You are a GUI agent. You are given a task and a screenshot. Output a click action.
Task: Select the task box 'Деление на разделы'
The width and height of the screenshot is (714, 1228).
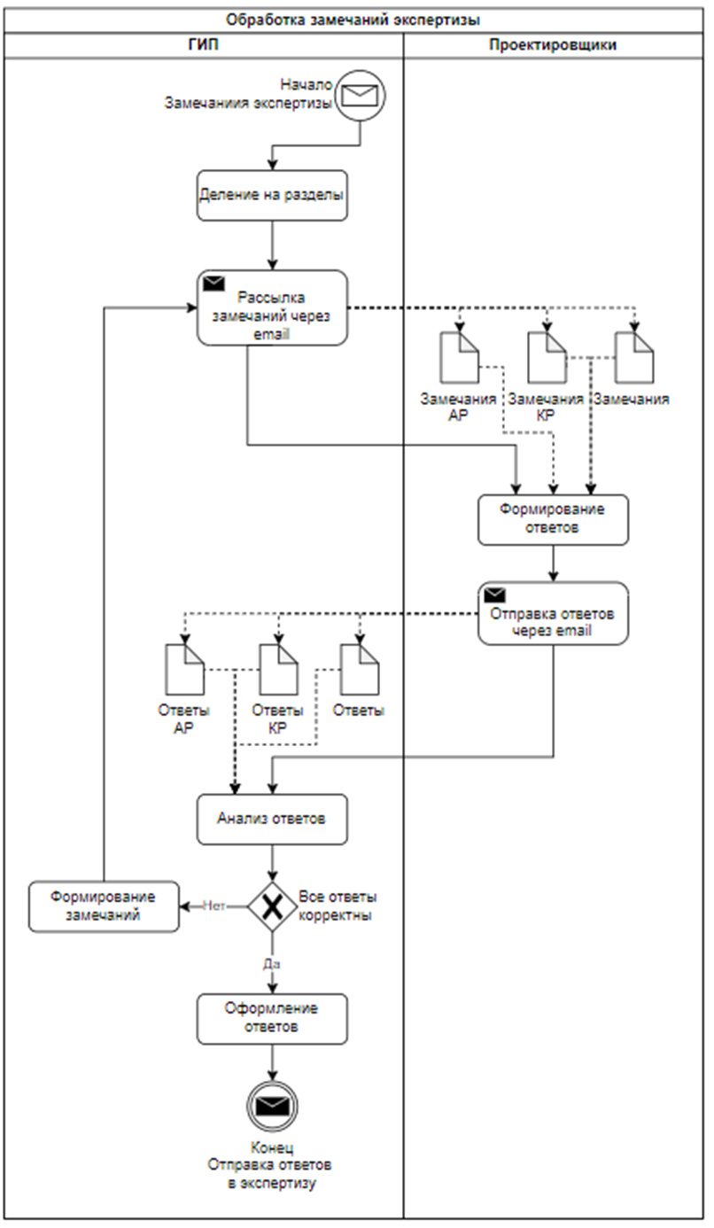[272, 195]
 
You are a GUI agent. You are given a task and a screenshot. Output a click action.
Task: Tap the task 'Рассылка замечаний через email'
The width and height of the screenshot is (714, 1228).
[272, 307]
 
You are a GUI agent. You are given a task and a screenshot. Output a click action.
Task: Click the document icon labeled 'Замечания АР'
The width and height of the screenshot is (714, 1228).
[459, 357]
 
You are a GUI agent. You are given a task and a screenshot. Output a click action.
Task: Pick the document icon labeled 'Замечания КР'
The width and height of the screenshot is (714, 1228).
[547, 357]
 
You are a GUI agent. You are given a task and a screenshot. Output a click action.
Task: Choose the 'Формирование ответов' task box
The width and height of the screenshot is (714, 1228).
[554, 519]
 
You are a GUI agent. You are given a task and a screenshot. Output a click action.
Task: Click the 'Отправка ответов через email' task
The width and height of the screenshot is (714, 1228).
[554, 613]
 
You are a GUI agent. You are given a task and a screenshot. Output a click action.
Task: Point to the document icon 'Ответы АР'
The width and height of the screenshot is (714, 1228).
[185, 669]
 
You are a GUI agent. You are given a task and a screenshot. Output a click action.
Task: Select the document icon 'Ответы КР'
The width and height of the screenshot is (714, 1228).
[277, 669]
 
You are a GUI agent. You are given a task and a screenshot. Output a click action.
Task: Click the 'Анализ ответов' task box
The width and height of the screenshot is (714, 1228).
[272, 819]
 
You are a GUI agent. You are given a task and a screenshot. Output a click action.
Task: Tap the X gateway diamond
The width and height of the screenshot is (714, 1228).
[272, 906]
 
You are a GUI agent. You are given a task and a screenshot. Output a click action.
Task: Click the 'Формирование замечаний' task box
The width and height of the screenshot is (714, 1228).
[104, 906]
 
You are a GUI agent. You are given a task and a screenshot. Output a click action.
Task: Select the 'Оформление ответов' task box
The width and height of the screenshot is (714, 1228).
[272, 1019]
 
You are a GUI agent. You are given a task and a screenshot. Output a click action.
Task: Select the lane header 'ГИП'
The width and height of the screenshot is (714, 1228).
[203, 45]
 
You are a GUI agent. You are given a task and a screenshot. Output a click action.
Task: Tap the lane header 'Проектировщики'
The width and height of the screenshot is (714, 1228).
[553, 45]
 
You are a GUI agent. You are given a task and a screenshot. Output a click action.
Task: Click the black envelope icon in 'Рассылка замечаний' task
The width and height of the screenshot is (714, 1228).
[213, 284]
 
